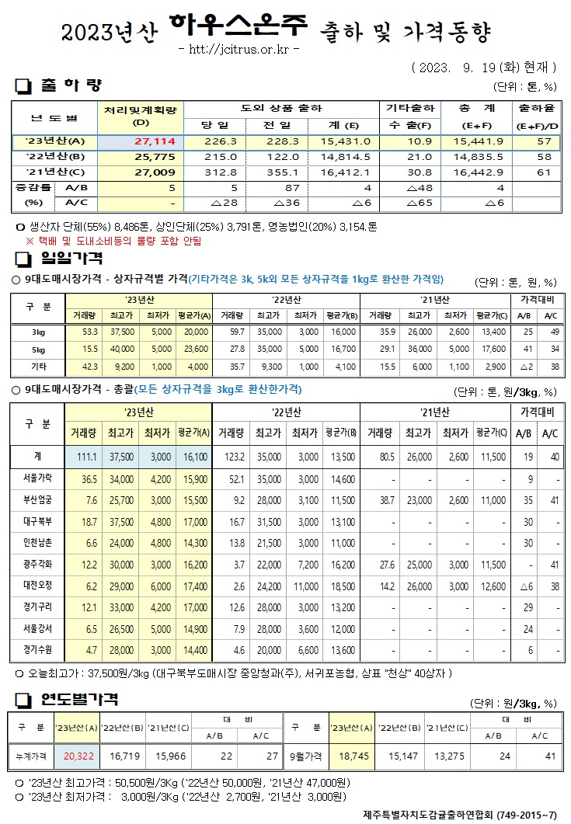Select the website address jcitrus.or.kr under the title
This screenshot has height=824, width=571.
click(239, 50)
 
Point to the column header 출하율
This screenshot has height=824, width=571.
click(536, 108)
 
